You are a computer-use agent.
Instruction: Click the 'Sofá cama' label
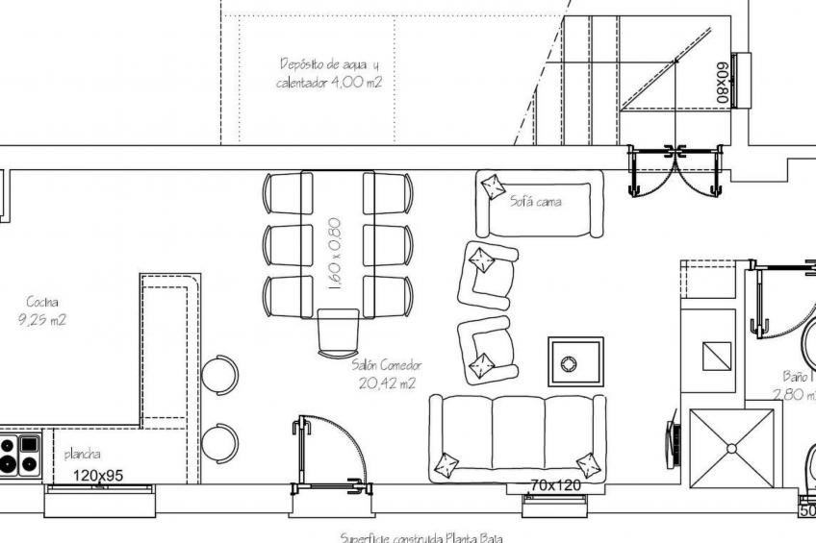535,202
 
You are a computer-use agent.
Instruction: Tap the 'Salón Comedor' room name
386,365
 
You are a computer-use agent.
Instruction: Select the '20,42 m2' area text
386,383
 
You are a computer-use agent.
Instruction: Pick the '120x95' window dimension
99,475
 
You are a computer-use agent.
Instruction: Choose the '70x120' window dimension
555,485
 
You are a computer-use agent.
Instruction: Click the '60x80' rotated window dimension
721,83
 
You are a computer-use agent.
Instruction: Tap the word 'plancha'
83,455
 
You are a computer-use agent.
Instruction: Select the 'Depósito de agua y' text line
329,65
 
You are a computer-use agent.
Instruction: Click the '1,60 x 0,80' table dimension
335,253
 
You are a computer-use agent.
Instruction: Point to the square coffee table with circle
575,362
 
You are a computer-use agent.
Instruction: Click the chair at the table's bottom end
338,332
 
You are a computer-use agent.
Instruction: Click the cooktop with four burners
20,455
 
